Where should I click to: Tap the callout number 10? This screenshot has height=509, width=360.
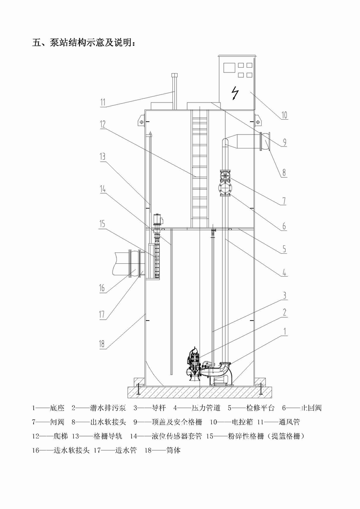click(x=284, y=115)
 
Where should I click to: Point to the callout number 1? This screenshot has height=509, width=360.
click(x=285, y=331)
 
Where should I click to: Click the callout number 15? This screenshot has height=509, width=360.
click(x=102, y=224)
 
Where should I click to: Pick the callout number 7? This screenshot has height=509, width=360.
click(x=283, y=201)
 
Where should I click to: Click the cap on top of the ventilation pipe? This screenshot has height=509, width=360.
click(x=174, y=76)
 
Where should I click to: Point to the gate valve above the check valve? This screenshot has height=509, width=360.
click(x=224, y=175)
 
